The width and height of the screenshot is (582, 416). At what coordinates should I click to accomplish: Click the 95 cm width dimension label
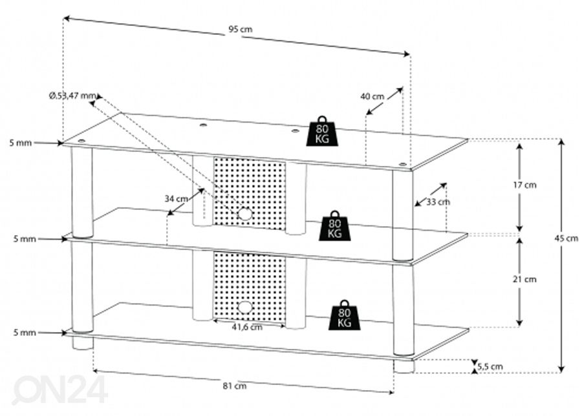[x=240, y=30]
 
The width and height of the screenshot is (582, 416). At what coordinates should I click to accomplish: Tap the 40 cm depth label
[x=372, y=96]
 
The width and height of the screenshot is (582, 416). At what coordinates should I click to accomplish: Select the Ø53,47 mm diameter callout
[x=72, y=96]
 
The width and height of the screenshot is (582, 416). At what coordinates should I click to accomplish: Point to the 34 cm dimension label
[x=176, y=198]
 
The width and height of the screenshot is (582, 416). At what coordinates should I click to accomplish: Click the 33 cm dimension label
[x=438, y=202]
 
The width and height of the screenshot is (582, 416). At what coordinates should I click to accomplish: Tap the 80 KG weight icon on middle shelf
[x=334, y=225]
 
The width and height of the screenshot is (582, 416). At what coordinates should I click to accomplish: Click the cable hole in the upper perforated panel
[x=244, y=213]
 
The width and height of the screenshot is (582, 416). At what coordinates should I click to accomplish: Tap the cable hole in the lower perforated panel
[x=244, y=307]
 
